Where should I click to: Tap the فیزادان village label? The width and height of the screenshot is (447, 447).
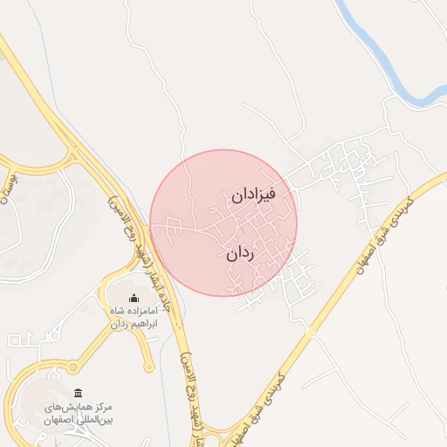coord(253,196)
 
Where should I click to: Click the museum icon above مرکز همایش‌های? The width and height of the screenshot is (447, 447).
coord(79,393)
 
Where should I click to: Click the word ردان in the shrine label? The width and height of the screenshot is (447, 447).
coord(115,324)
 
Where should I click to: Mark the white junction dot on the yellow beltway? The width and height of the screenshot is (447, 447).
coord(308,331)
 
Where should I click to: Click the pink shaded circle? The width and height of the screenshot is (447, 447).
coord(192,262)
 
